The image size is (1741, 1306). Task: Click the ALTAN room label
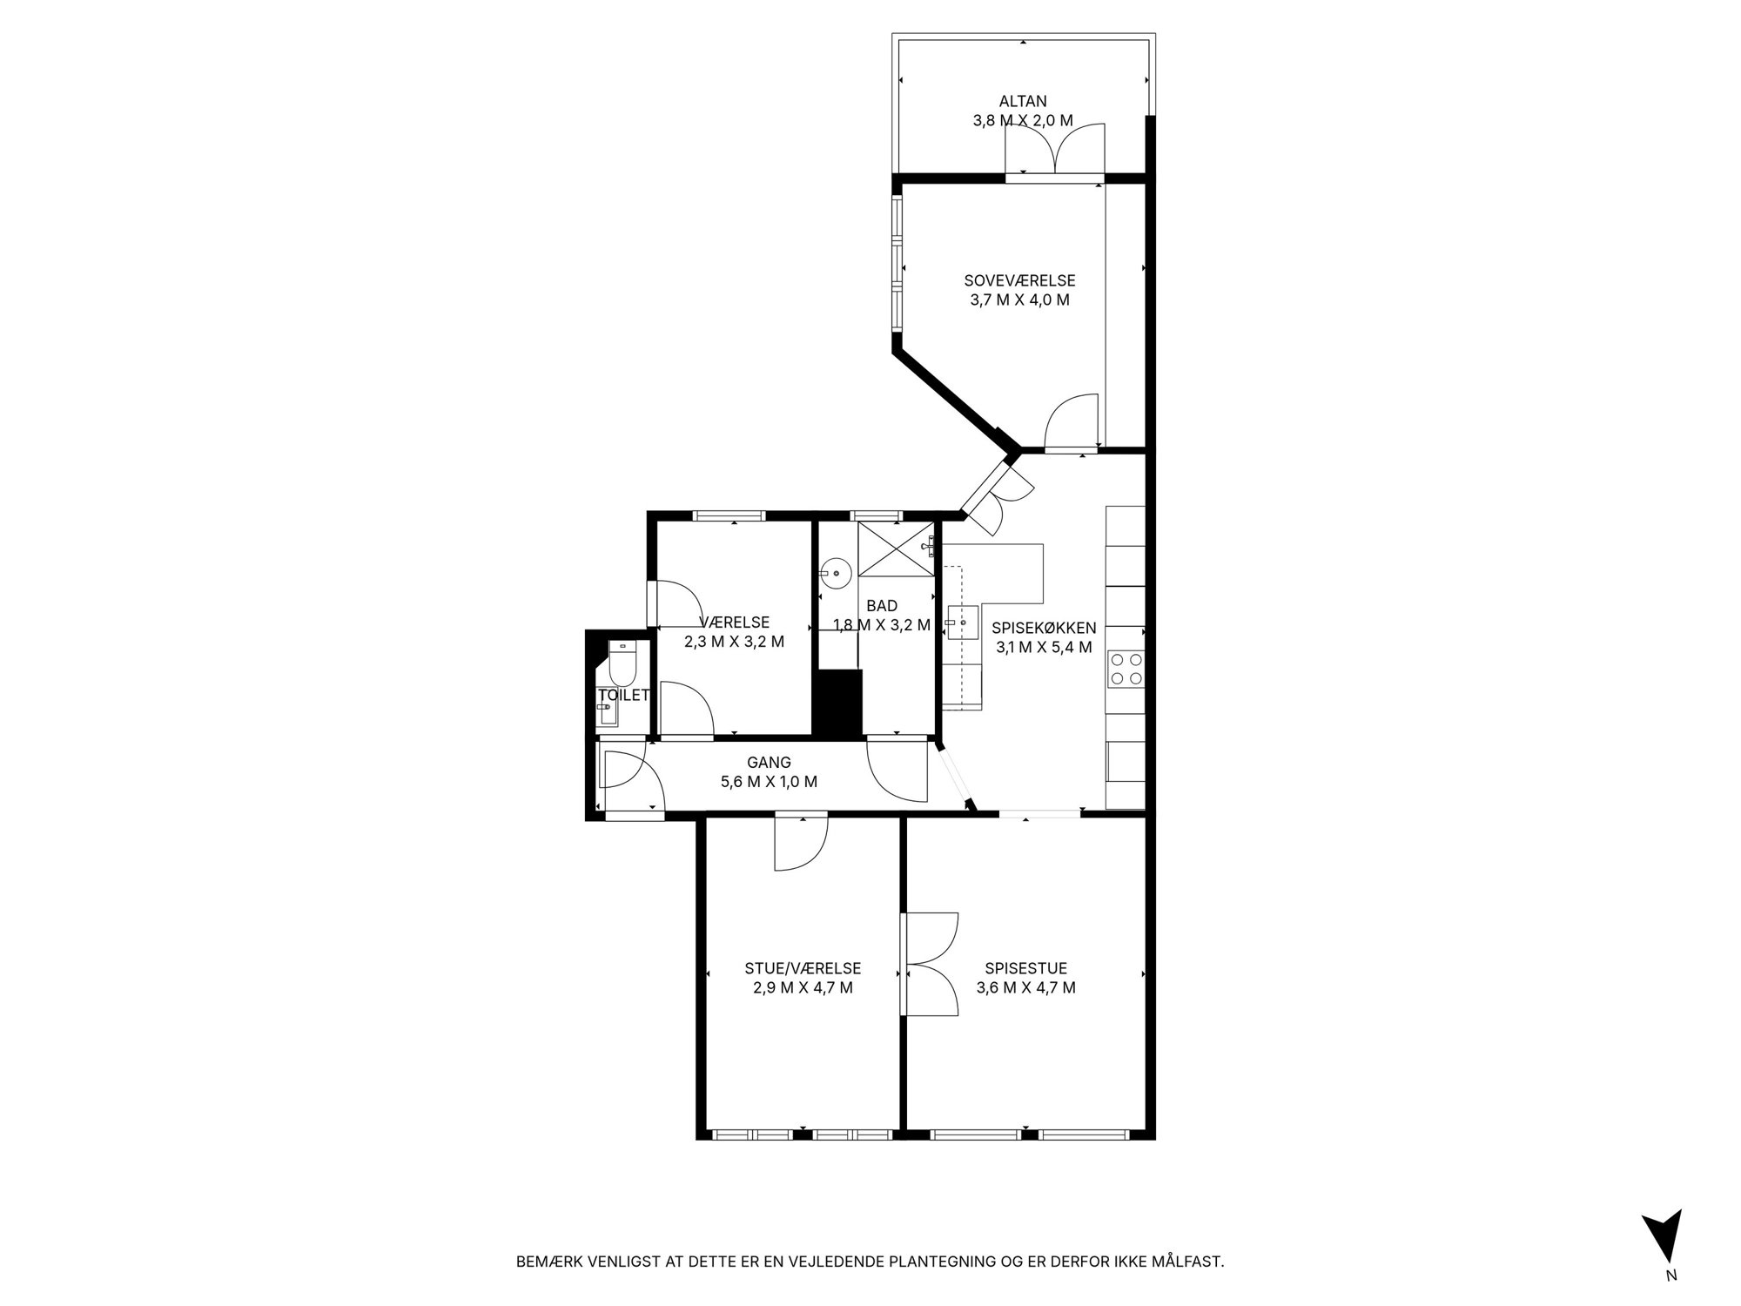(x=1023, y=101)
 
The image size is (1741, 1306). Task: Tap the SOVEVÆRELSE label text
(x=1019, y=281)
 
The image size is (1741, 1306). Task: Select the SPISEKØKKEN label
(x=1044, y=628)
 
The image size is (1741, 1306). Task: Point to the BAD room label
(x=882, y=606)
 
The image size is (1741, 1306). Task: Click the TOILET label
(x=623, y=696)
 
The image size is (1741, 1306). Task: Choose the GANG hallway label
(x=769, y=763)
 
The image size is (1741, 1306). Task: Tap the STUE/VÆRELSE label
(x=803, y=968)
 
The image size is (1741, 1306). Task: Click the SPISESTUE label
(x=1026, y=968)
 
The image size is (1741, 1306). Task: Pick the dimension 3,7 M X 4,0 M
(x=1019, y=300)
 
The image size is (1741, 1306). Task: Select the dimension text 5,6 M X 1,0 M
(x=769, y=782)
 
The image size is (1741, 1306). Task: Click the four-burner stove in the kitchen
(x=1126, y=670)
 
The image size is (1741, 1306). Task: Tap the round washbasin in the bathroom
(x=837, y=573)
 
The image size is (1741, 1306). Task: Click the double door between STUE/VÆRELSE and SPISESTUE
(x=930, y=964)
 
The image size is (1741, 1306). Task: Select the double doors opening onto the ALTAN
(x=1055, y=152)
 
